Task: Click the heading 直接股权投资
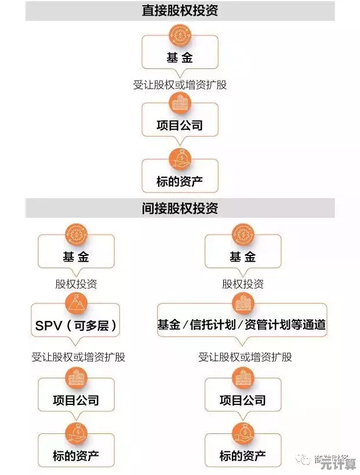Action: pos(180,10)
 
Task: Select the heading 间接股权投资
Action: pos(180,208)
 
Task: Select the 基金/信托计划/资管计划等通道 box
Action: pos(242,325)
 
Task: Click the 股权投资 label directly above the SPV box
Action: pos(76,284)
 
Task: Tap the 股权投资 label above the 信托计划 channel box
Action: pos(243,284)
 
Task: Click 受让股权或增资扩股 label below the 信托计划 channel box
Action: pos(245,357)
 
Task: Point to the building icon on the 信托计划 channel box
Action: pos(242,303)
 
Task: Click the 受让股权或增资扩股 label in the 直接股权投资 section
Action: pos(180,85)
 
